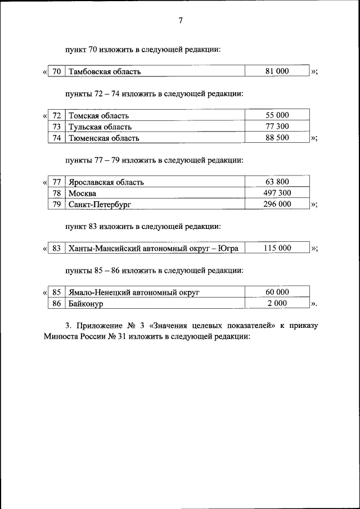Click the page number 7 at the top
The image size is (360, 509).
tap(180, 21)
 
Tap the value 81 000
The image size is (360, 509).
tap(277, 71)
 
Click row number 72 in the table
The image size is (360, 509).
tap(56, 115)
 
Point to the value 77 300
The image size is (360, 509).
tap(277, 127)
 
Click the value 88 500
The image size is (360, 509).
tap(277, 138)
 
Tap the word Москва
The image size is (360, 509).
tap(82, 193)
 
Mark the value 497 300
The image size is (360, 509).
tap(277, 193)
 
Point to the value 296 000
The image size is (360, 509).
tap(277, 204)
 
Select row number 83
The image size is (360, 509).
tap(56, 248)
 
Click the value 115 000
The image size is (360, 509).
tap(277, 248)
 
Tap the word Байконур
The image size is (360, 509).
tap(86, 304)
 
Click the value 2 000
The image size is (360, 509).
tap(277, 304)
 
